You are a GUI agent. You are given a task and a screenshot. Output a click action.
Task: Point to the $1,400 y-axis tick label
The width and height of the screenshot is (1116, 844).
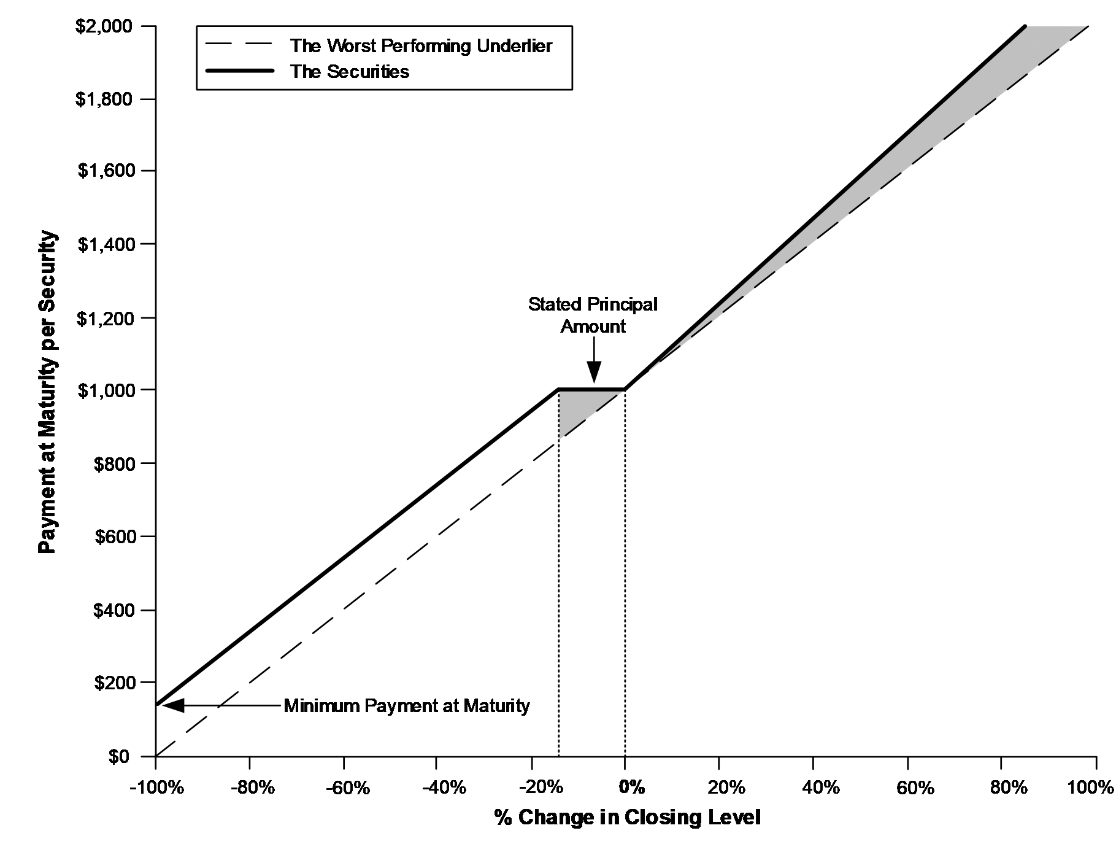pos(105,244)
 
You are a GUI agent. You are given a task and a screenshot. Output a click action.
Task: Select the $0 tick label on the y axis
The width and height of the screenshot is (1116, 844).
pos(120,757)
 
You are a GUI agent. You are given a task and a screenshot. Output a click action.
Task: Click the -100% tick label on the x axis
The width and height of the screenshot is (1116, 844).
pos(156,787)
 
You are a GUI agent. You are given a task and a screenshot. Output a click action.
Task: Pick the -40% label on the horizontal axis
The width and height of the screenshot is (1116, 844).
pos(437,787)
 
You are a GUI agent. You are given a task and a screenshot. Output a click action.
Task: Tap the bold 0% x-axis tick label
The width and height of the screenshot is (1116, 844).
pos(632,787)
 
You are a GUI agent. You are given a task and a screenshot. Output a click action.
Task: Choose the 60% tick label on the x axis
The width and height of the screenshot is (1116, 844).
pos(915,787)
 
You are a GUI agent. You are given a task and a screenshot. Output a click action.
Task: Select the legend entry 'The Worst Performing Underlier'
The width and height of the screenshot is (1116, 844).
pos(421,45)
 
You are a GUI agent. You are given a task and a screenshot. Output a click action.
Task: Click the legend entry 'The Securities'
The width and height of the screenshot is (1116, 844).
pos(350,71)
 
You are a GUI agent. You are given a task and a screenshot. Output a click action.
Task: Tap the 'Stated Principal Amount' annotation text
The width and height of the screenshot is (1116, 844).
pos(593,315)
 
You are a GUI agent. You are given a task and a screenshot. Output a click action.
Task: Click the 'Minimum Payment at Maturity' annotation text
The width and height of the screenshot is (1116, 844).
pos(407,706)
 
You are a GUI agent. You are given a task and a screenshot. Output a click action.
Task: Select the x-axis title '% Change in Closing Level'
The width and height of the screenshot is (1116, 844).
pos(628,818)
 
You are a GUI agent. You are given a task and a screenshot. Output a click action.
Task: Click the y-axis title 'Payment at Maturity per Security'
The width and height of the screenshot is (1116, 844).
pos(47,392)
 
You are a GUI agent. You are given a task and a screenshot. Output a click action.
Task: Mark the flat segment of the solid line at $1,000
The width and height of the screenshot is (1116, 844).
pos(591,389)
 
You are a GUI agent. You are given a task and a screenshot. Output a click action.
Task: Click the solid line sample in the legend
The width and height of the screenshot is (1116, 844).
pos(240,71)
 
